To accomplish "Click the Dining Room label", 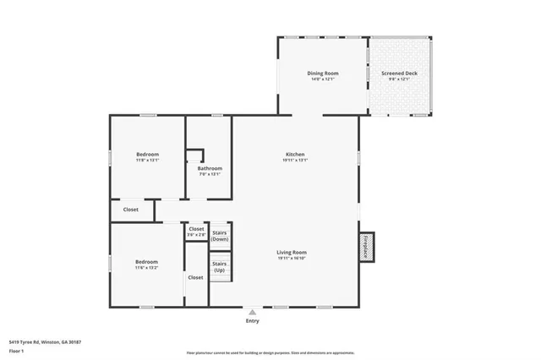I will pos(323,74).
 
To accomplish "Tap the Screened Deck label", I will pos(399,74).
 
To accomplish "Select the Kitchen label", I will pos(295,154).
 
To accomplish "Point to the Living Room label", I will pos(292,252).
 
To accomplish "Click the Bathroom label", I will pos(210,168).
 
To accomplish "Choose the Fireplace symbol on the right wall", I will pos(366,248).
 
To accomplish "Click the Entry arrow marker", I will pos(252,311).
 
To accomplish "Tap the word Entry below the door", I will pos(252,321).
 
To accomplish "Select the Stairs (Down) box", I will pos(220,235).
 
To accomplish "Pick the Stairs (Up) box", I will pos(220,267).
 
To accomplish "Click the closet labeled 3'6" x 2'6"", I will pos(196,232).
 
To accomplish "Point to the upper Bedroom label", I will pos(148,154).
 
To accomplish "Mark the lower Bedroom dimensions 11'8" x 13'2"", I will pos(146,269).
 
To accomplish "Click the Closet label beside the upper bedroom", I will pos(131,209).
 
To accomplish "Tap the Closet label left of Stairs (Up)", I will pos(195,277).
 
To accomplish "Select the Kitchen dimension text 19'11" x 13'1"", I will pos(295,161).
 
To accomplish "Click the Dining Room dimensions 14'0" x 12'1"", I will pos(323,80).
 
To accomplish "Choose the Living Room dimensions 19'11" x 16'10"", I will pos(292,259).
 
